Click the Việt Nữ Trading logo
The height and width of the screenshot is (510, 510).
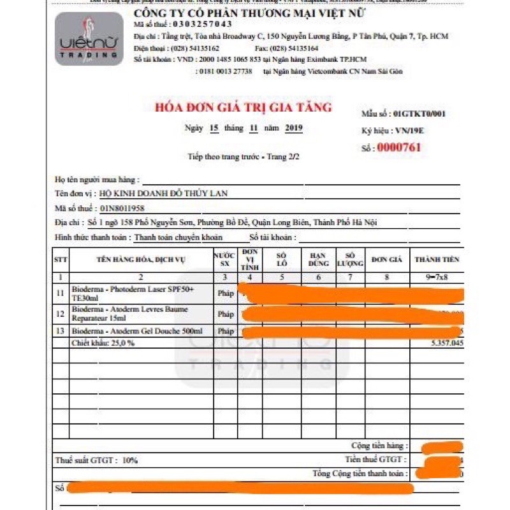[x=89, y=39]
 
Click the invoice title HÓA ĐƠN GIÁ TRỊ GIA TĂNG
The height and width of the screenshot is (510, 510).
[x=244, y=107]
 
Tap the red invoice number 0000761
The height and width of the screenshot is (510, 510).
[x=399, y=148]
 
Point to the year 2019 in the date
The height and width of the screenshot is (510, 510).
[x=294, y=128]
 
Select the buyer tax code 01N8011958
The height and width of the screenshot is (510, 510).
[x=122, y=208]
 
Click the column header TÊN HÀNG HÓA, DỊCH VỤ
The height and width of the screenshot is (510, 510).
[x=140, y=259]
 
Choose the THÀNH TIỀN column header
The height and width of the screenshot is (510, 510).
[x=437, y=259]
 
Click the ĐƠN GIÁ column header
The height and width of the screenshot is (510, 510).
[x=387, y=259]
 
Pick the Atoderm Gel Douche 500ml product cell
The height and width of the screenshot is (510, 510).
[x=137, y=331]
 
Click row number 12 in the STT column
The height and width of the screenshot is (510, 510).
[x=61, y=314]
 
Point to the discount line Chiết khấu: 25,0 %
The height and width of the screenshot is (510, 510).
[x=104, y=343]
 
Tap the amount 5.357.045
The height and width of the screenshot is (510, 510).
[x=447, y=343]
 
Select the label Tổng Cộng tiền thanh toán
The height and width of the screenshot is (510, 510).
[x=359, y=474]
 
